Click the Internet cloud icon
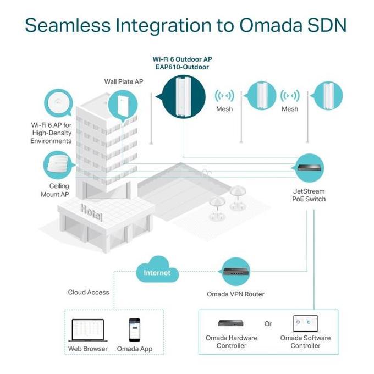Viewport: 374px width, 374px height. click(157, 269)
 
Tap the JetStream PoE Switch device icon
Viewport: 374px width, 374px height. click(309, 168)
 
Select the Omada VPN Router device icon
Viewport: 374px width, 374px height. click(236, 272)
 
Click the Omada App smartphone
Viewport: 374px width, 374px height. click(135, 330)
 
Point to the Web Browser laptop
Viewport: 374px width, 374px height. click(88, 331)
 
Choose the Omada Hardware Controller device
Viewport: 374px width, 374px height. click(231, 323)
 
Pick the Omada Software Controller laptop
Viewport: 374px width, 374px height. click(306, 323)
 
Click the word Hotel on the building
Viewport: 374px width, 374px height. click(92, 212)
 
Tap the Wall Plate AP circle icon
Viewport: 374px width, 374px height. click(123, 105)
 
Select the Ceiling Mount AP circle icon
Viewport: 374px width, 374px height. click(58, 165)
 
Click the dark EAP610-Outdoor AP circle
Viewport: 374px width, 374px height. click(183, 97)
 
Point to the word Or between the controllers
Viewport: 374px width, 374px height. click(268, 323)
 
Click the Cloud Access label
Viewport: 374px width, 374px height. click(89, 292)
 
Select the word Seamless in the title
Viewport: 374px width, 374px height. click(68, 25)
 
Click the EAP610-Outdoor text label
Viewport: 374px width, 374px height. click(182, 67)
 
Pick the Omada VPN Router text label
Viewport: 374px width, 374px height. click(235, 294)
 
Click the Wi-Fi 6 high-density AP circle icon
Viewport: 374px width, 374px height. click(58, 103)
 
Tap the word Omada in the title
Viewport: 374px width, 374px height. click(271, 25)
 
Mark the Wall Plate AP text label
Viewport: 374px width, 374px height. click(124, 81)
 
